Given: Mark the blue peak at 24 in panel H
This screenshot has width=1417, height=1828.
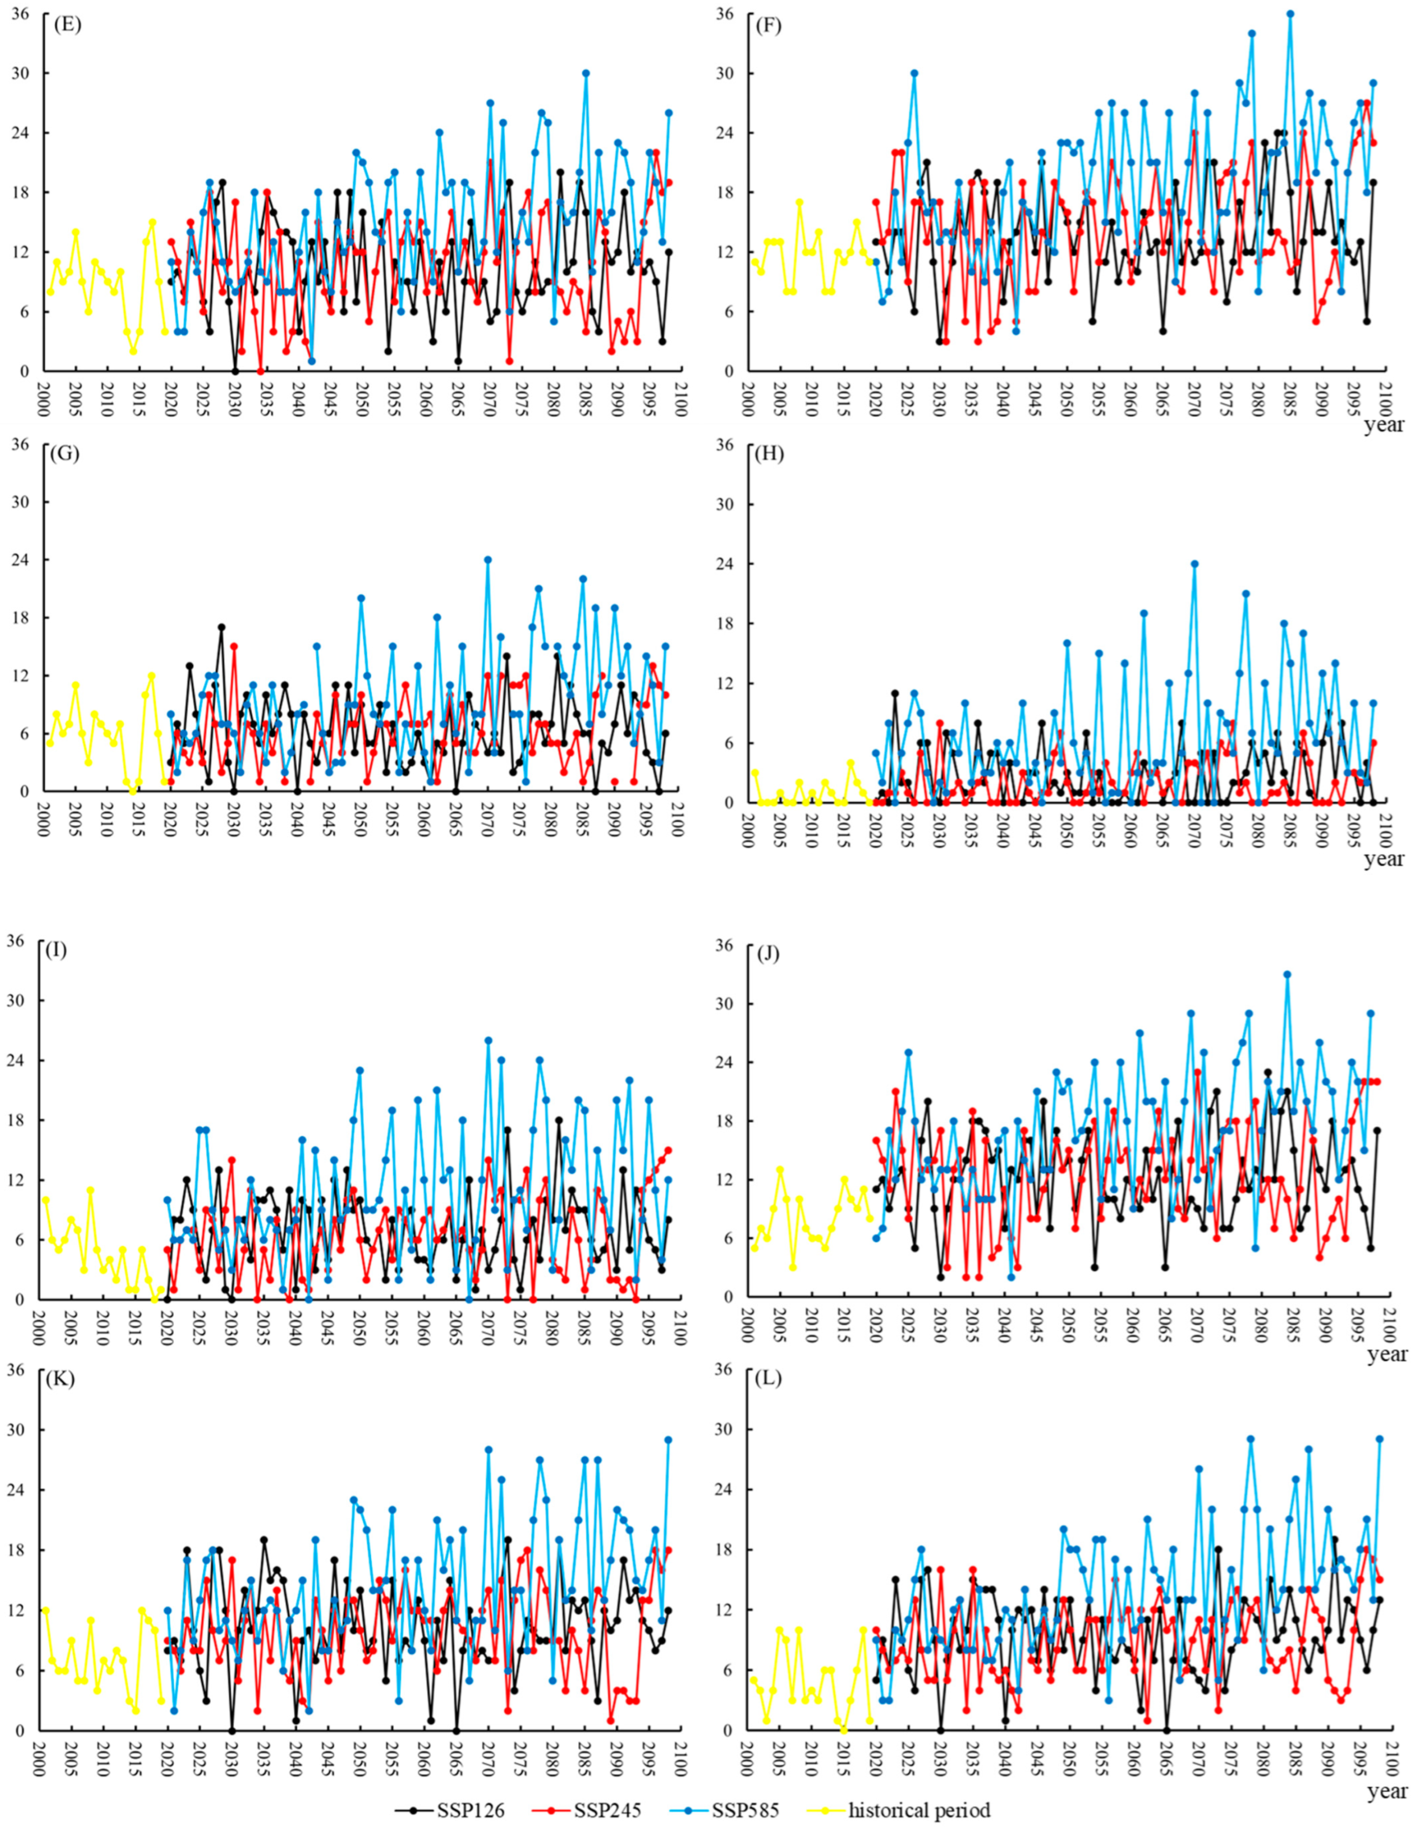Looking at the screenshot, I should (x=1194, y=564).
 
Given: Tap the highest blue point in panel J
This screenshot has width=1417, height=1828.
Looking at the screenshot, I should (x=1287, y=975).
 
